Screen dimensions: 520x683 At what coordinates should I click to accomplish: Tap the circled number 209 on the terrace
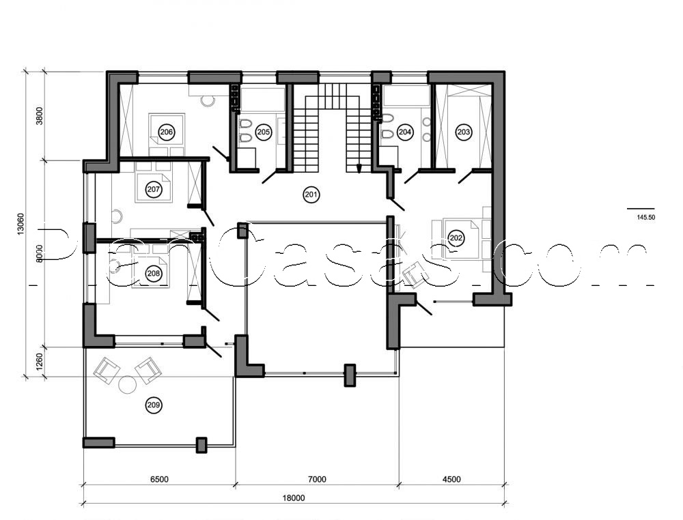point(154,405)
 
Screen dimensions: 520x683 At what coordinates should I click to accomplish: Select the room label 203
point(464,132)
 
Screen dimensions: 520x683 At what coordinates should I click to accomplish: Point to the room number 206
point(166,131)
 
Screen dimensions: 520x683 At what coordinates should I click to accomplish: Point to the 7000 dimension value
point(317,480)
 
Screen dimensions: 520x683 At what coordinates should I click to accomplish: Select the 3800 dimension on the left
point(40,115)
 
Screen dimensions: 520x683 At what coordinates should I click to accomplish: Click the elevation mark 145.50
point(645,217)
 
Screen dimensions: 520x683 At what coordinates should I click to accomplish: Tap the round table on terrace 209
point(128,384)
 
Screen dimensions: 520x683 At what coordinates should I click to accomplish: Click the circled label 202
point(456,237)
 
